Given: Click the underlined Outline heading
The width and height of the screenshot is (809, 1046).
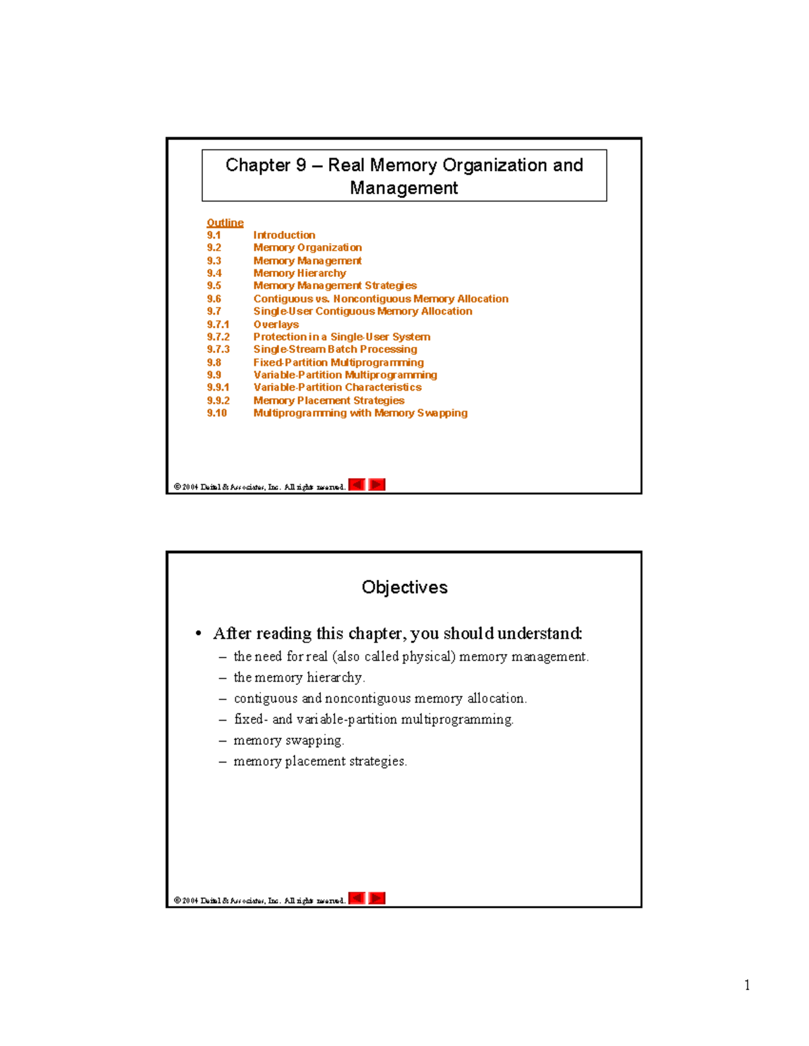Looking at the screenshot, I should pyautogui.click(x=224, y=223).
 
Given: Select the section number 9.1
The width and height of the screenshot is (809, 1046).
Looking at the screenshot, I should pyautogui.click(x=214, y=235).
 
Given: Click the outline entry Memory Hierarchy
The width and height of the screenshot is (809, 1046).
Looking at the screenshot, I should pyautogui.click(x=299, y=273).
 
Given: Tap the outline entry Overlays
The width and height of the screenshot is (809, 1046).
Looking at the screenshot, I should pyautogui.click(x=276, y=324).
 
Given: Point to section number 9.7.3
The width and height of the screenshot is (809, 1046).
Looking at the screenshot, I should pyautogui.click(x=218, y=350).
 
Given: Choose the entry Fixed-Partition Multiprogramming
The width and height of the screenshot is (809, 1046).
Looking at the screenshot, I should pyautogui.click(x=338, y=362).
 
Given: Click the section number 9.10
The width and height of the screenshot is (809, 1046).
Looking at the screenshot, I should pyautogui.click(x=216, y=413).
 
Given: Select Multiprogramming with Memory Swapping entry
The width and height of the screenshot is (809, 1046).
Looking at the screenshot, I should pyautogui.click(x=360, y=413).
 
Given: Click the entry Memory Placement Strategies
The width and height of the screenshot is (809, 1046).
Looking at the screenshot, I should pyautogui.click(x=328, y=401).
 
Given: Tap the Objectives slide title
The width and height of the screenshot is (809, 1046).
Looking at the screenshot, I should pyautogui.click(x=404, y=587).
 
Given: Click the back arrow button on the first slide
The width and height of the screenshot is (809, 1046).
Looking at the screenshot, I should pyautogui.click(x=357, y=485).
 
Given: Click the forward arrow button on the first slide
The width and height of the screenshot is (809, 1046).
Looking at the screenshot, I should pyautogui.click(x=377, y=485).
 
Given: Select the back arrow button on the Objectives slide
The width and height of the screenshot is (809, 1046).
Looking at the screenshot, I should pyautogui.click(x=357, y=898).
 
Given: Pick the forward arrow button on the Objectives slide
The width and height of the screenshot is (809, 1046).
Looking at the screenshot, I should pyautogui.click(x=377, y=898).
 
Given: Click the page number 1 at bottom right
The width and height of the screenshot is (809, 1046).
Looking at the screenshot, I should pyautogui.click(x=747, y=985).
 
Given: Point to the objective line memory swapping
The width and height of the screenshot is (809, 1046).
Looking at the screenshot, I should pyautogui.click(x=289, y=740).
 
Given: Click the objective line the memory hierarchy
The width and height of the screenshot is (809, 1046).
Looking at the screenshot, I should pyautogui.click(x=299, y=678).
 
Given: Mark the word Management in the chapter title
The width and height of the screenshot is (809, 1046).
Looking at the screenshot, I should pyautogui.click(x=403, y=188).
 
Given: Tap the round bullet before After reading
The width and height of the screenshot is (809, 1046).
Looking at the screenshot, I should pyautogui.click(x=198, y=634).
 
